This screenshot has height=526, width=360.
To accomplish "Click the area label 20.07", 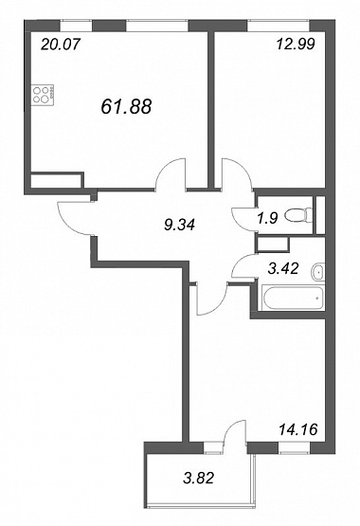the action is point(61,44).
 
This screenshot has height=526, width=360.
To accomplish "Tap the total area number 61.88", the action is point(126,106).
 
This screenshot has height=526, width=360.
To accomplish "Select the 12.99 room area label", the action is point(296,44).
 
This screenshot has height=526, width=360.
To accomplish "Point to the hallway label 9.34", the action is point(179,225).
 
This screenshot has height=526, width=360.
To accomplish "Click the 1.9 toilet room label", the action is point(268,218).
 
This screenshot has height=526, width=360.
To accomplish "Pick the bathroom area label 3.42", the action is point(283,268).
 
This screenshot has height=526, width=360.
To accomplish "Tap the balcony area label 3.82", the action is point(198,478).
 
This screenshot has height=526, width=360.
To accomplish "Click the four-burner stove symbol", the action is point(43,95).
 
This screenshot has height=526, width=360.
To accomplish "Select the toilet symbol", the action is point(298,215).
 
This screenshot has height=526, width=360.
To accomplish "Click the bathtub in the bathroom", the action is point(294,298).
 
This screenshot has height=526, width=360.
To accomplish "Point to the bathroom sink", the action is point(317,271).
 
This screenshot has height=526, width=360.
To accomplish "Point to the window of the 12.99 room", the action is point(279,26).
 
